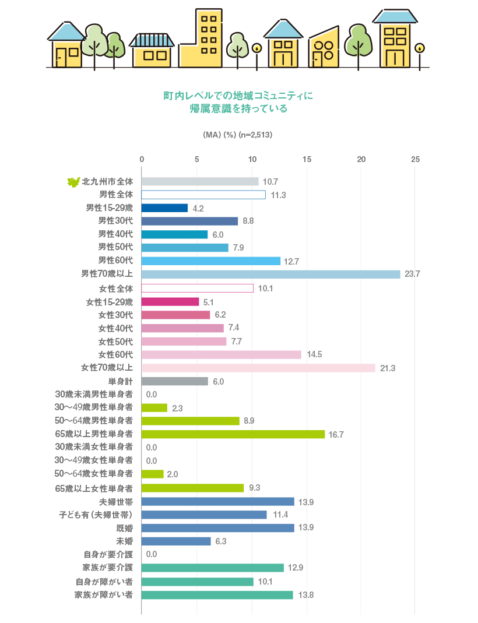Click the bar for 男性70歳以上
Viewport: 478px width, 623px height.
tap(270, 274)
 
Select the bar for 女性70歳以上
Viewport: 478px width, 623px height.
tap(258, 368)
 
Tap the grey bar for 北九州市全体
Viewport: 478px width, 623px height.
tap(200, 181)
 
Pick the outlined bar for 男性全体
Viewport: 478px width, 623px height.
tap(203, 195)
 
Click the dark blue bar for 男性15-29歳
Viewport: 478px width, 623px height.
tap(164, 208)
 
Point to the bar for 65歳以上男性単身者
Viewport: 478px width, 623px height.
tap(233, 434)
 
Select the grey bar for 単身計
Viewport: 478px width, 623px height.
tap(174, 381)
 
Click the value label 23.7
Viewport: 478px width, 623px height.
tap(412, 274)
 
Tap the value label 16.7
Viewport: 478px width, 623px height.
tap(336, 434)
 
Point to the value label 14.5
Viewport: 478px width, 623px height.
tap(313, 354)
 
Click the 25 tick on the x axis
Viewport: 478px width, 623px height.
tap(415, 159)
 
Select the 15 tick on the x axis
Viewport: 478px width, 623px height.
tap(307, 159)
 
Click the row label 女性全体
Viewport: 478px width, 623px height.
tap(116, 288)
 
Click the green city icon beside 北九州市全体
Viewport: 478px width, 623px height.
tap(73, 182)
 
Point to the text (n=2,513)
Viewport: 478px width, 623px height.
tap(256, 135)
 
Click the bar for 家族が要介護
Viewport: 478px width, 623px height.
tap(212, 568)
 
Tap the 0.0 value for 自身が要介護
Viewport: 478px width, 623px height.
tap(152, 554)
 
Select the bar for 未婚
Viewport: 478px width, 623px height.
tap(176, 541)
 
